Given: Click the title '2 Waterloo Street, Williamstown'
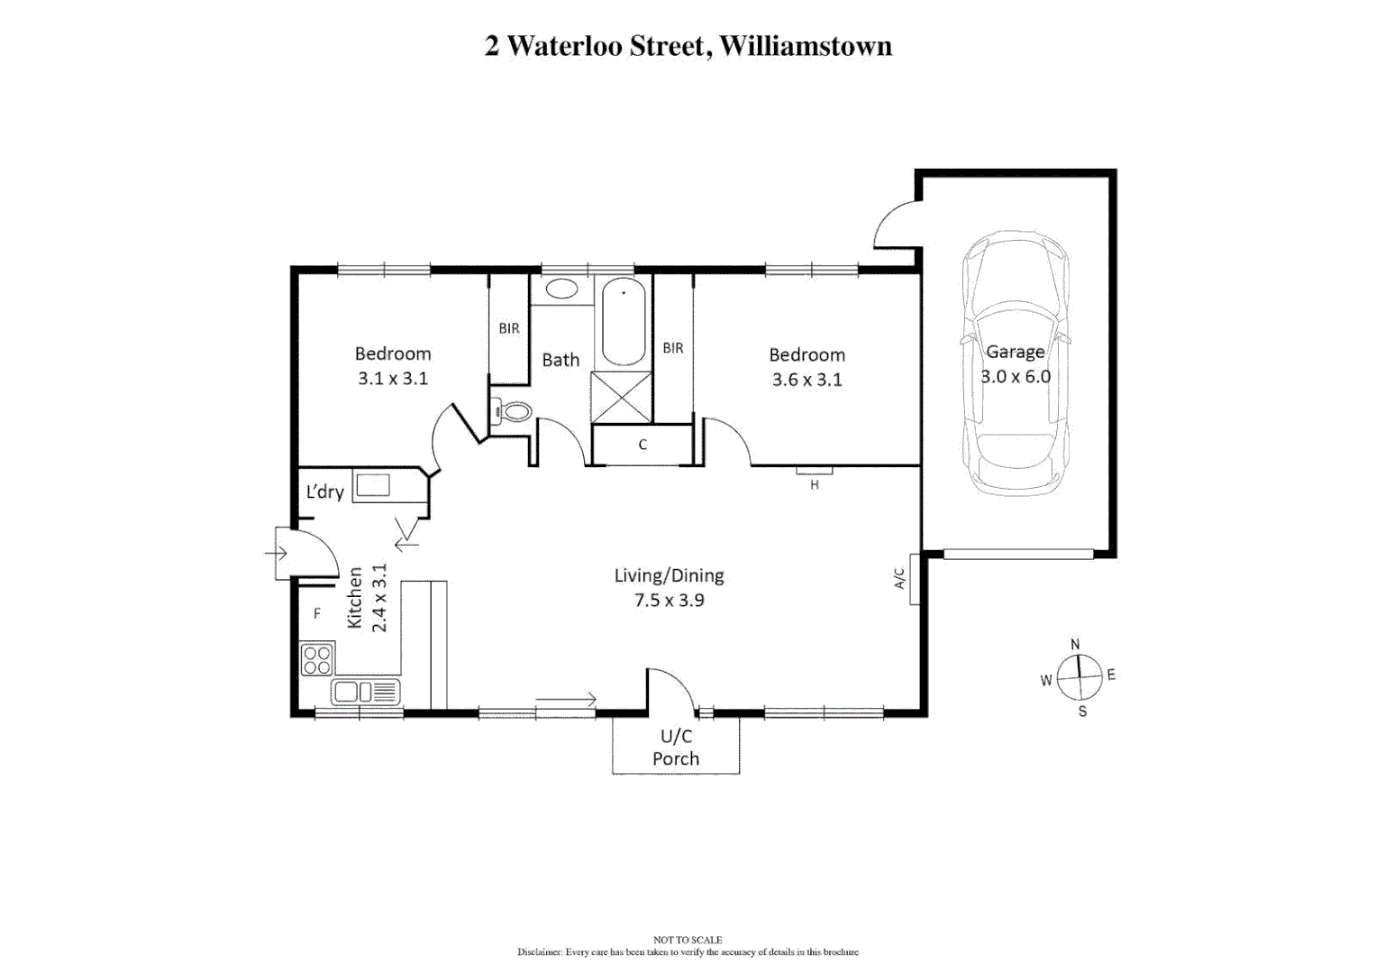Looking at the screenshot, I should click(x=688, y=46).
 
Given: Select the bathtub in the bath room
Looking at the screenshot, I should click(x=623, y=322).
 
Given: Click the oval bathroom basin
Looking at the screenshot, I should click(x=561, y=289).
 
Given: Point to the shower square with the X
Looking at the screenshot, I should click(x=621, y=397).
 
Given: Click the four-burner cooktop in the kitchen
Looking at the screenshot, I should click(x=316, y=659).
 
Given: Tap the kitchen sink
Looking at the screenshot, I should click(x=365, y=692).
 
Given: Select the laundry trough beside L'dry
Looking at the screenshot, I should click(x=372, y=485).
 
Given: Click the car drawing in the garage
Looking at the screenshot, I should click(x=1015, y=362).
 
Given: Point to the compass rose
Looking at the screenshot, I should click(x=1079, y=677).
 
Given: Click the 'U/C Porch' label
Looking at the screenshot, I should click(x=676, y=748).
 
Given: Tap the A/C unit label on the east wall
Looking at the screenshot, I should click(x=899, y=578).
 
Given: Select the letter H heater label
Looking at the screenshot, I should click(x=815, y=484).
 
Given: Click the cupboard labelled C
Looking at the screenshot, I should click(x=642, y=445).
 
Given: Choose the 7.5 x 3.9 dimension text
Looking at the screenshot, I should click(x=669, y=601).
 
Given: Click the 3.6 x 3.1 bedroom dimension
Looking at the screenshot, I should click(x=806, y=380).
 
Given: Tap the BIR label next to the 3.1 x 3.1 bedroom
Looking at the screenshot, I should click(x=508, y=328).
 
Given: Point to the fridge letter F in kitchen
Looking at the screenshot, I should click(x=317, y=613).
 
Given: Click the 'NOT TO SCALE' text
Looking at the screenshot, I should click(x=688, y=940).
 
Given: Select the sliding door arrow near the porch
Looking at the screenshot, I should click(x=566, y=700).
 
